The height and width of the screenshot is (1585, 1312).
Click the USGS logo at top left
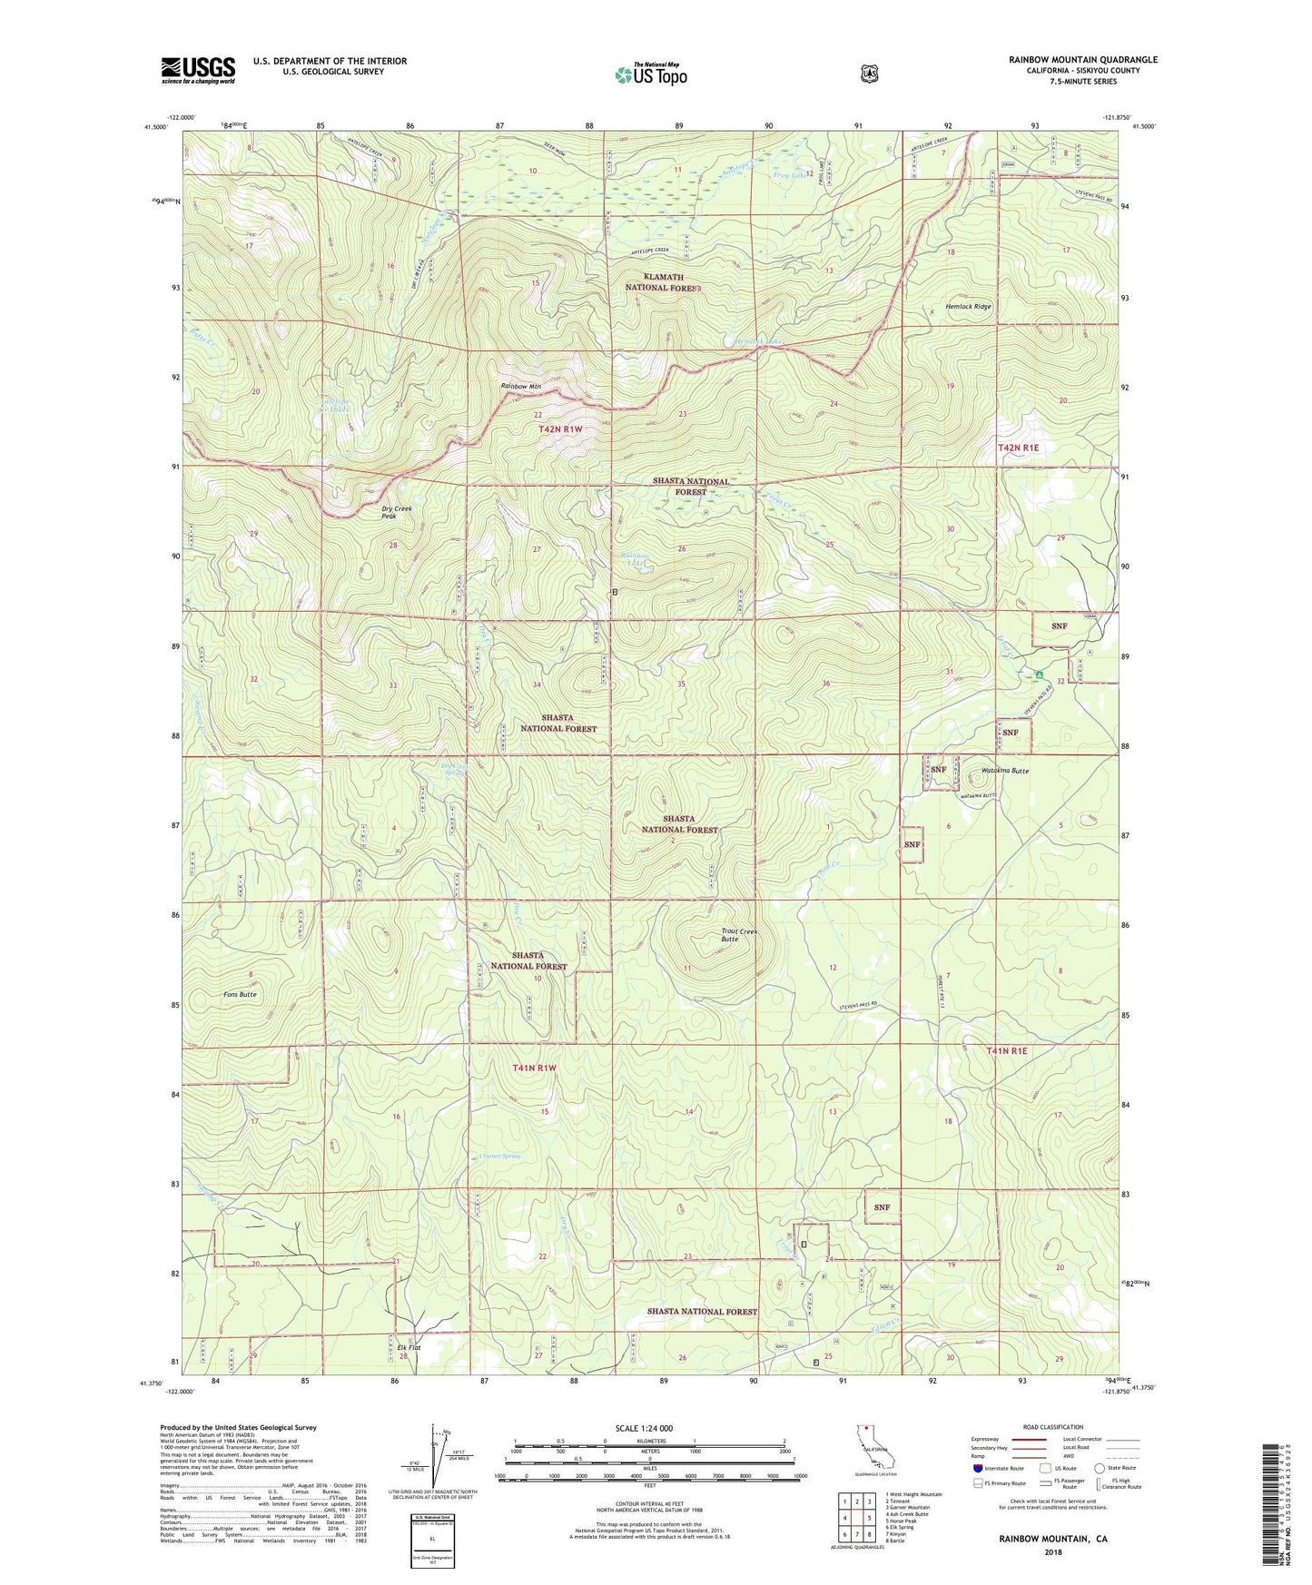198,70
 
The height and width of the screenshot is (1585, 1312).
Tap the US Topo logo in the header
650,74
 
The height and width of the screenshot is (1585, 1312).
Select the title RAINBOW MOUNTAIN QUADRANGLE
1082,60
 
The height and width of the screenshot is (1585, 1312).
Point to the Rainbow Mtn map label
521,387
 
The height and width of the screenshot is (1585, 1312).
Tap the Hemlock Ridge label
968,307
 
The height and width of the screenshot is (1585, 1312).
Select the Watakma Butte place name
1005,771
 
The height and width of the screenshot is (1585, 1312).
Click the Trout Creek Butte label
738,935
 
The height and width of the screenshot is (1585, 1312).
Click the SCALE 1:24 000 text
644,1428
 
